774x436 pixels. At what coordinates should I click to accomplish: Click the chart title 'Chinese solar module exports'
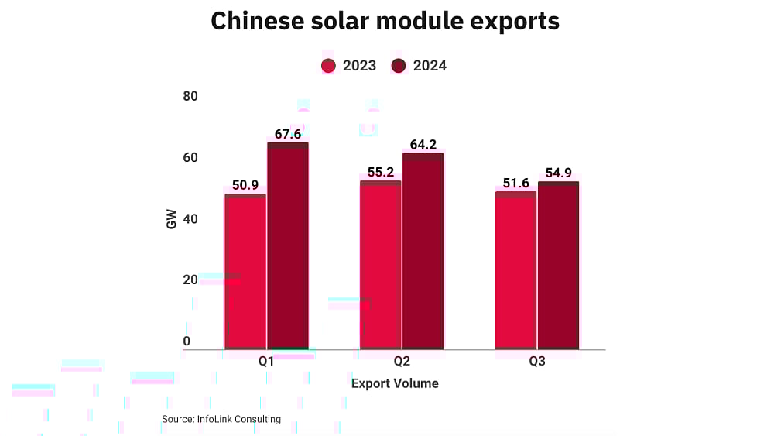pos(385,22)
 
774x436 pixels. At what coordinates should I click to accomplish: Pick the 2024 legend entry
pos(419,66)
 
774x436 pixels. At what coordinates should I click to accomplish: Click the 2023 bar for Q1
pos(245,271)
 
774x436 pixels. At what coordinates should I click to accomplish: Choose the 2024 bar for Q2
pos(423,252)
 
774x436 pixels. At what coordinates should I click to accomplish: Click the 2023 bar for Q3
pos(515,270)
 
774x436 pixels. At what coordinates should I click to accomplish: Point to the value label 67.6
pos(288,135)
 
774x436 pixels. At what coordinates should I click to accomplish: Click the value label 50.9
pos(245,185)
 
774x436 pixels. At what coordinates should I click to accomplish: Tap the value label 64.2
pos(423,144)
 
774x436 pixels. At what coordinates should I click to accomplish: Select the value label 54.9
pos(558,173)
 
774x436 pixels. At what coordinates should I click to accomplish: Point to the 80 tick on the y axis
pos(190,96)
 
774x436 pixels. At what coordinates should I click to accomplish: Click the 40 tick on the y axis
pos(190,218)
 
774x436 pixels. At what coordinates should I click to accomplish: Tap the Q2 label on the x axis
pos(402,362)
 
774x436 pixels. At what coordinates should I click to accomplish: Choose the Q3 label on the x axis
pos(537,362)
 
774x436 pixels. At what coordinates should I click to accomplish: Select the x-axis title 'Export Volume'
pos(395,383)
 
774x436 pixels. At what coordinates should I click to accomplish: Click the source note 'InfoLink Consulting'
pos(221,419)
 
